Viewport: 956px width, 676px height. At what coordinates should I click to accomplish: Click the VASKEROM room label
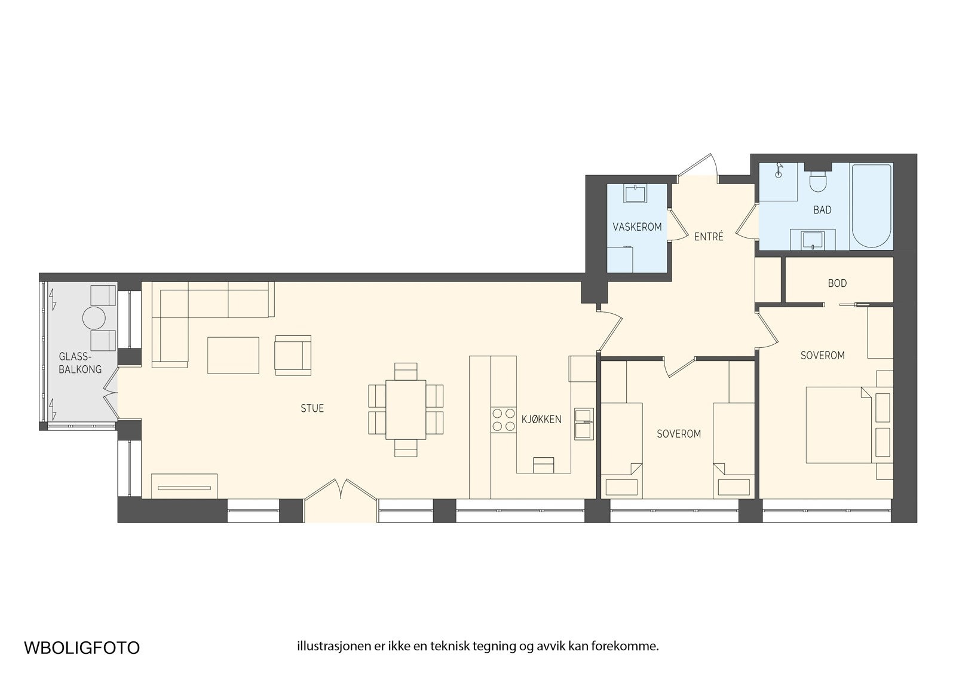pyautogui.click(x=637, y=227)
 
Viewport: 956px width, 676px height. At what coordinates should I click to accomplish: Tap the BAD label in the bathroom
pyautogui.click(x=822, y=210)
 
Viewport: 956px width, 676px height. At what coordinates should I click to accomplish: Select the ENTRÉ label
pyautogui.click(x=709, y=236)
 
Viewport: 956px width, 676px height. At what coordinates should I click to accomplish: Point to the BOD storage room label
pyautogui.click(x=837, y=283)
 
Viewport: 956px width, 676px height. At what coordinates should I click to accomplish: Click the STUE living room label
pyautogui.click(x=312, y=408)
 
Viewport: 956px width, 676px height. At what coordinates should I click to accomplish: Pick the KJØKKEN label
pyautogui.click(x=541, y=420)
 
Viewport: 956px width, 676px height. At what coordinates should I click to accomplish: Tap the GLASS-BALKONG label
pyautogui.click(x=80, y=363)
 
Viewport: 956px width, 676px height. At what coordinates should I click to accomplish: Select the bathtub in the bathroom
pyautogui.click(x=871, y=206)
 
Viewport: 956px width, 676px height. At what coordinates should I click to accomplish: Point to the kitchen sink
pyautogui.click(x=583, y=424)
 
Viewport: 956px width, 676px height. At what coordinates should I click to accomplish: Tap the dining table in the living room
pyautogui.click(x=406, y=409)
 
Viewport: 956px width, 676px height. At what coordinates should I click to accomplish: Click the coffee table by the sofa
pyautogui.click(x=233, y=355)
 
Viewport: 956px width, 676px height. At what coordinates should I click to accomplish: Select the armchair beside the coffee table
pyautogui.click(x=293, y=355)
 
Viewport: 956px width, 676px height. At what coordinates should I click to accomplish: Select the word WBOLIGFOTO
pyautogui.click(x=82, y=648)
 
